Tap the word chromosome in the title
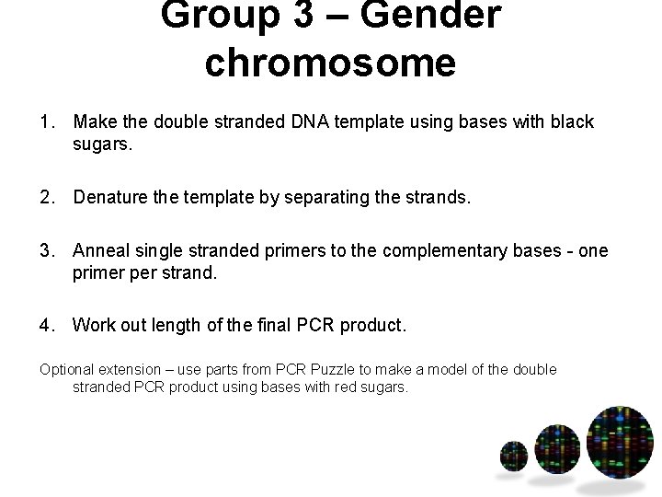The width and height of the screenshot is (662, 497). pyautogui.click(x=331, y=63)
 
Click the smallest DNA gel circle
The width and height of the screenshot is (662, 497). pyautogui.click(x=513, y=454)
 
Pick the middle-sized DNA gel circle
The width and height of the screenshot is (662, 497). pyautogui.click(x=556, y=448)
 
